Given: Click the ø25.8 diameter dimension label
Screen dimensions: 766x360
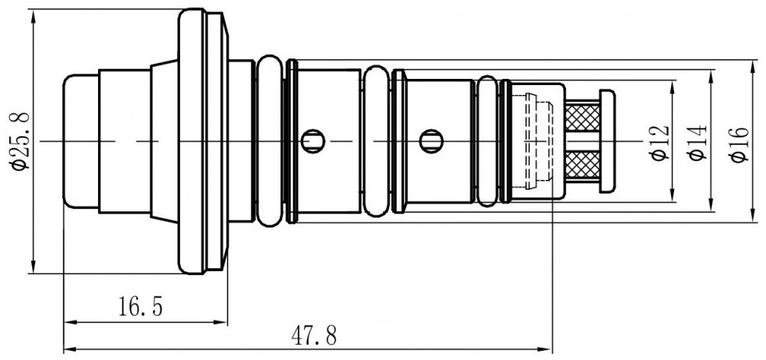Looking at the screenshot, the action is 21,141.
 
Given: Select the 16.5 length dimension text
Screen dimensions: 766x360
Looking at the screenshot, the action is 141,306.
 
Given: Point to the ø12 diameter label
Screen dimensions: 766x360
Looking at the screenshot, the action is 659,142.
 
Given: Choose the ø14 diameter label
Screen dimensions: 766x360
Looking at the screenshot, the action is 697,142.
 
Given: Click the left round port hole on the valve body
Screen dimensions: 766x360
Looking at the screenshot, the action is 313,142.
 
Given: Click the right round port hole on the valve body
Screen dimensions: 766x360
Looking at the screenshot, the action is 430,142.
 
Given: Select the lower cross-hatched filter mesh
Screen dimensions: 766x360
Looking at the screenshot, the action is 582,165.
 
